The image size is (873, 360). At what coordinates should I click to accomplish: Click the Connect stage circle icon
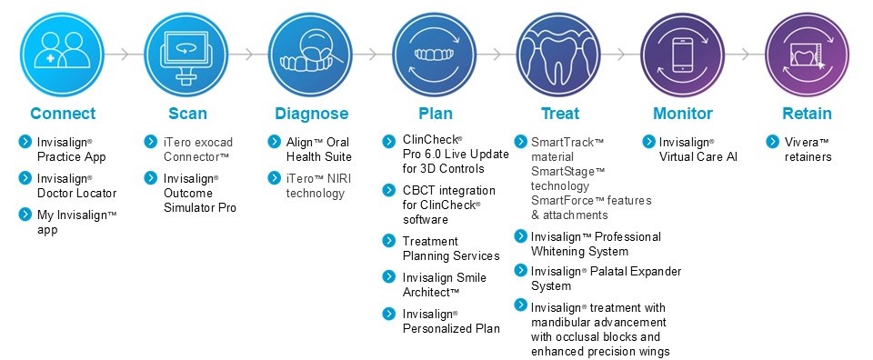(63, 53)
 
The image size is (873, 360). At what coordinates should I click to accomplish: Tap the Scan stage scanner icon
(187, 53)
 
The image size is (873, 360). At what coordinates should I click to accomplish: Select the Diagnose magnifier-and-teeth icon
(311, 53)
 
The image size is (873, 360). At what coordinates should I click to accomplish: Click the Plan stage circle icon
(435, 53)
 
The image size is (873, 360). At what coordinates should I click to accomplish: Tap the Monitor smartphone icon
(682, 53)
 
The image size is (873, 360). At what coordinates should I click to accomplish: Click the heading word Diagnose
(311, 114)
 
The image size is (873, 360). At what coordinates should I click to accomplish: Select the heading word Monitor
(682, 114)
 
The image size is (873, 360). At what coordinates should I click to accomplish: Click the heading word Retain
(807, 114)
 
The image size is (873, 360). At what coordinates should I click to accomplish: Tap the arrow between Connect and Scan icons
(125, 54)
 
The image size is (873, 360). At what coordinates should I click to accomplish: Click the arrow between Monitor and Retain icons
(745, 54)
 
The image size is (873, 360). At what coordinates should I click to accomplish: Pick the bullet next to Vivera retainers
(772, 143)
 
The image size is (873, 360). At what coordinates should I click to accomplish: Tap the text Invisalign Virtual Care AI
(697, 150)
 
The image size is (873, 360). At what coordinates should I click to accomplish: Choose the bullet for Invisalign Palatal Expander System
(519, 271)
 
